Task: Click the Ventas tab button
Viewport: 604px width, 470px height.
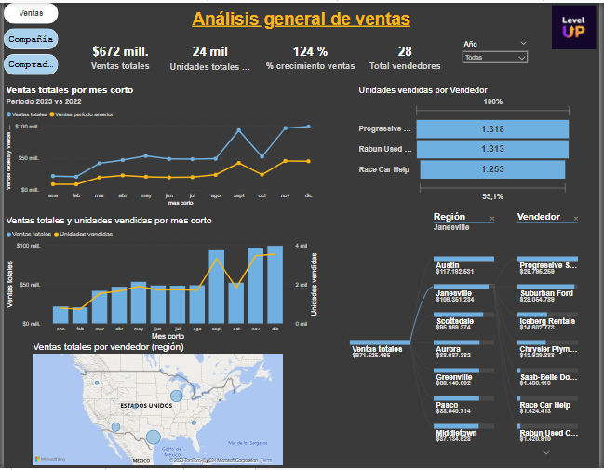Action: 31,14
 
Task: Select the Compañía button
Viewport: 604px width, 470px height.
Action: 31,39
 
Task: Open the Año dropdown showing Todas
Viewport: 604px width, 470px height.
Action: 494,57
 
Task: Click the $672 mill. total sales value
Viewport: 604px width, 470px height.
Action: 119,51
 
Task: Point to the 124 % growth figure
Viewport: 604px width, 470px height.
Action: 309,51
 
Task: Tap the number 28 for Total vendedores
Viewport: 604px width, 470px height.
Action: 404,51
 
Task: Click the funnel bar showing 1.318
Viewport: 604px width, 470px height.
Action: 492,129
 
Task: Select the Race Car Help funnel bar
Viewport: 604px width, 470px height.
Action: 492,169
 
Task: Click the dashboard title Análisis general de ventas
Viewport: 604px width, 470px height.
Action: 301,20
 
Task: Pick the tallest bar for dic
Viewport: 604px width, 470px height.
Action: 275,285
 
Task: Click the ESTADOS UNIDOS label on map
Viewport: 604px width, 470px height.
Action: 147,406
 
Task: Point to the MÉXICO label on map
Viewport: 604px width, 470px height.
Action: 141,460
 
